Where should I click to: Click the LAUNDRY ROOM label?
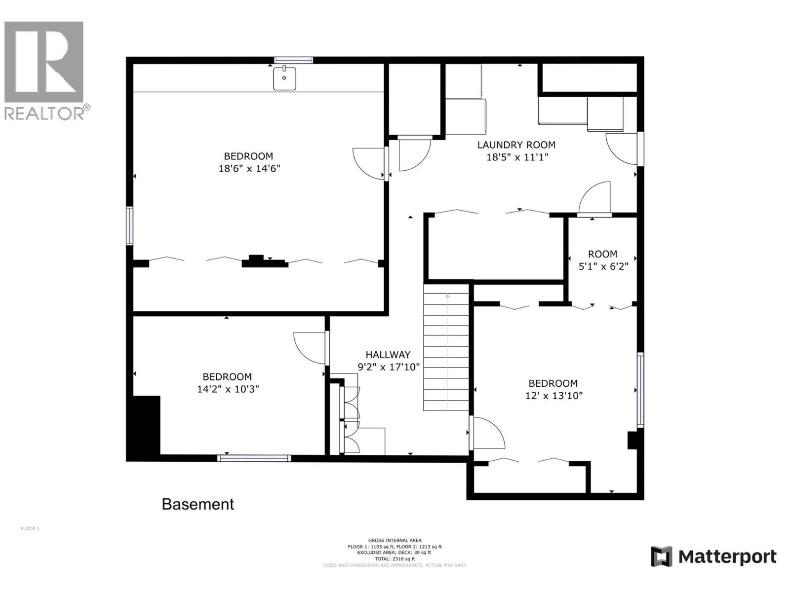[516, 145]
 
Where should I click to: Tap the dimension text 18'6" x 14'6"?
[249, 169]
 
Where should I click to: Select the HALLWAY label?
[388, 355]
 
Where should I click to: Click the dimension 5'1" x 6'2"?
[603, 266]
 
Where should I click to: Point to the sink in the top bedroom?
[285, 79]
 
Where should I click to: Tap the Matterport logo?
[713, 557]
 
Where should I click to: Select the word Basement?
[198, 504]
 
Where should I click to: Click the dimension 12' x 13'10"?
[553, 396]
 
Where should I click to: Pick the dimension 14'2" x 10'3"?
[228, 389]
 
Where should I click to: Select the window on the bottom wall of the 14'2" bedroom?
[254, 458]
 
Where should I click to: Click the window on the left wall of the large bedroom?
[129, 226]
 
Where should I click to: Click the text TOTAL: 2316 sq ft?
[395, 559]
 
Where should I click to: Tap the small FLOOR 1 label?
[30, 528]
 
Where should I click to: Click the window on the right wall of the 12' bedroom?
[640, 389]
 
